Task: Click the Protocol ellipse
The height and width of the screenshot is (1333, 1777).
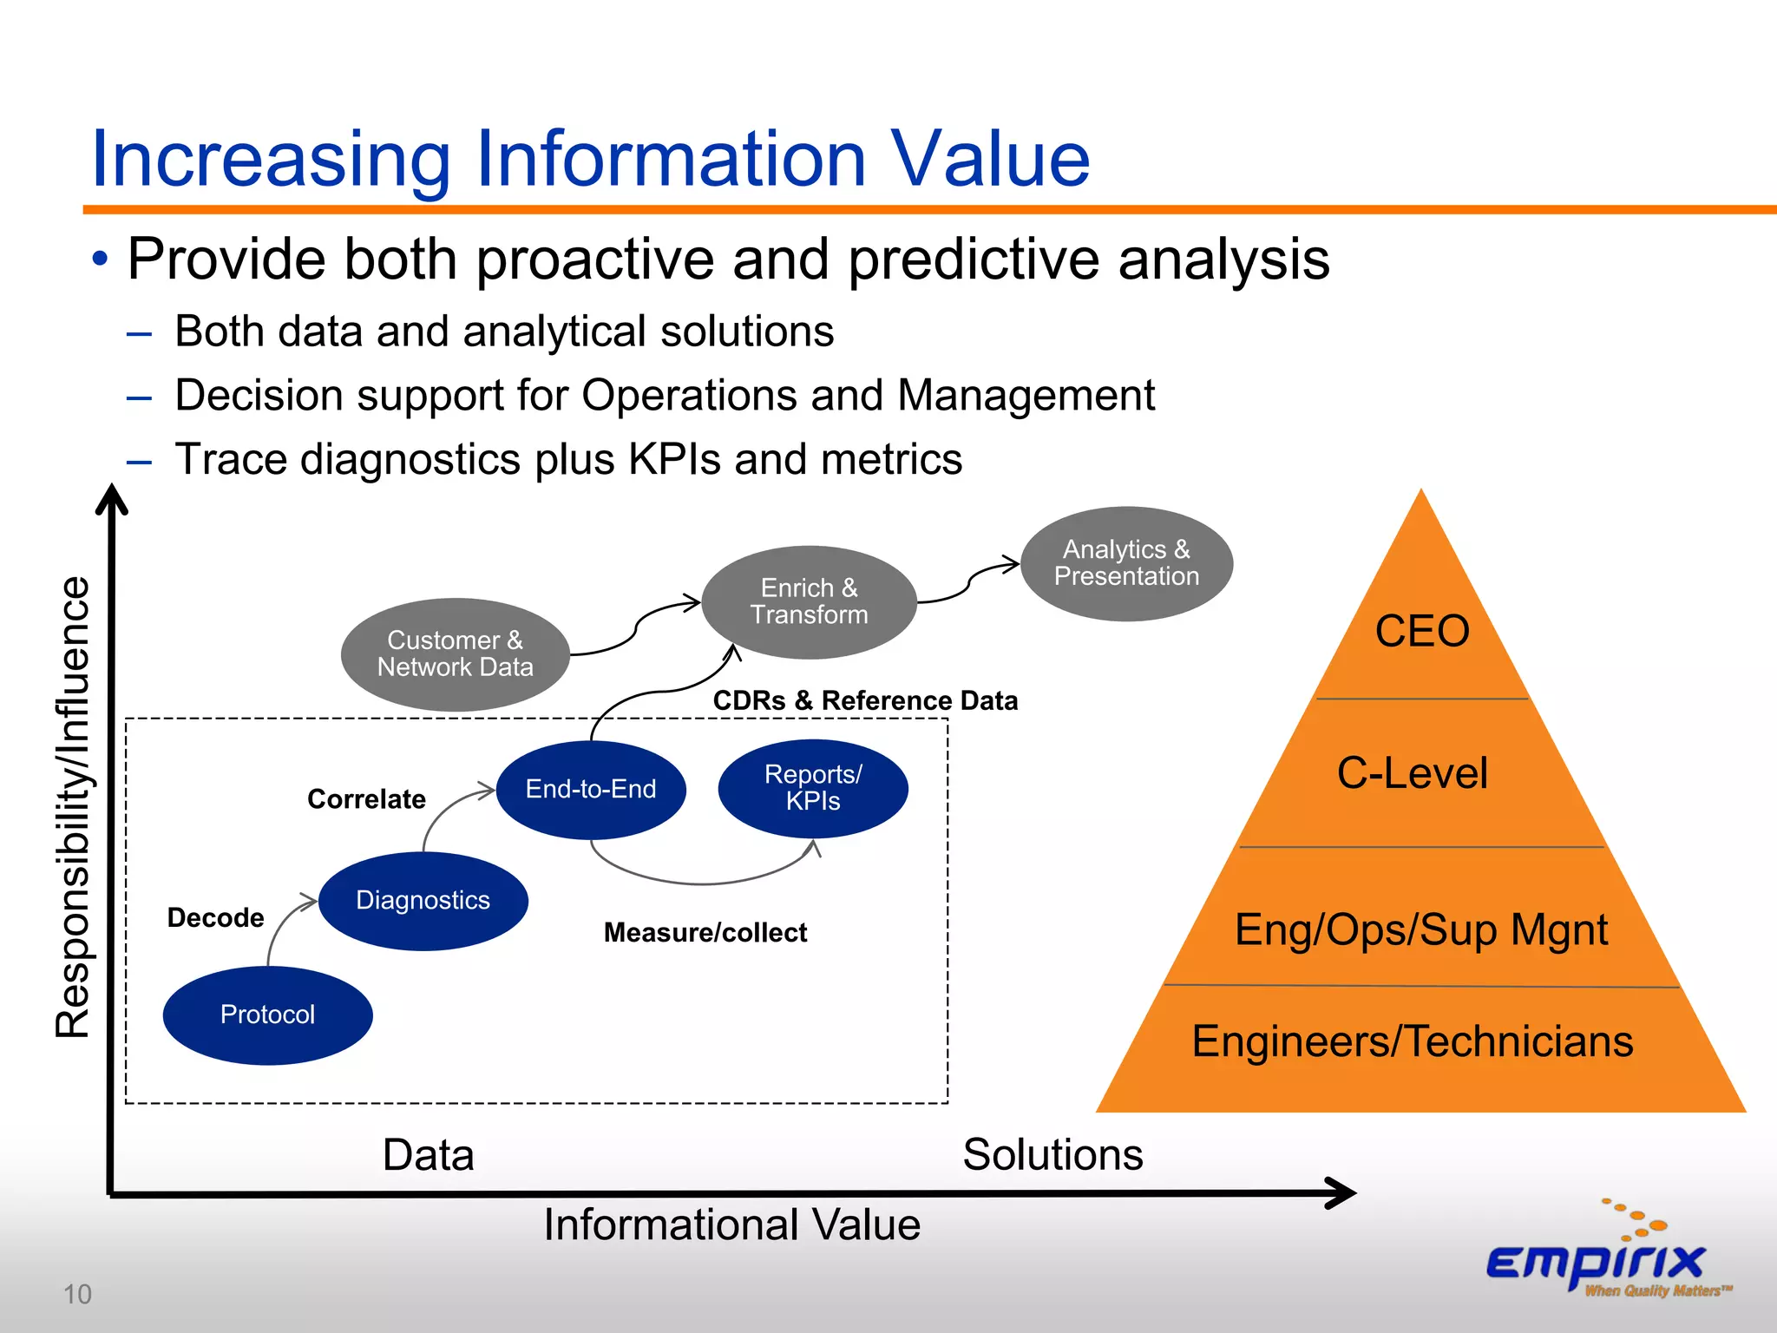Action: tap(267, 1015)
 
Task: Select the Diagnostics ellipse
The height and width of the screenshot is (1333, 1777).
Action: tap(423, 901)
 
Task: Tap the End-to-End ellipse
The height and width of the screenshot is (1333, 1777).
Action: tap(591, 789)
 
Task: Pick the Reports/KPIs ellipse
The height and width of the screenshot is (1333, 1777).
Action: tap(813, 788)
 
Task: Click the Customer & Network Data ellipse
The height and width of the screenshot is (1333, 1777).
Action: tap(455, 653)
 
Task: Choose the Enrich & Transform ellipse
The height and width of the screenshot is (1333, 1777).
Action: tap(809, 601)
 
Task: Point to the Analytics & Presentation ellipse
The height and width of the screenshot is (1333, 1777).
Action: tap(1126, 563)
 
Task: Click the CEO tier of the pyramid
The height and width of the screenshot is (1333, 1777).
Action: tap(1422, 631)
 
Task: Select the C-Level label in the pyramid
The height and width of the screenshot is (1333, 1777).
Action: tap(1412, 773)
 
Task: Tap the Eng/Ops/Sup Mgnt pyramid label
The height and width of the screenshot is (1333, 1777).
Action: tap(1420, 929)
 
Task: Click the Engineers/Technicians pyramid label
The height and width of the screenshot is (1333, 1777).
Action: tap(1412, 1041)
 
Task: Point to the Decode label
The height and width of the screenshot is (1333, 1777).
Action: tap(215, 918)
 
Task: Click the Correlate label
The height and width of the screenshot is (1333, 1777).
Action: tap(366, 799)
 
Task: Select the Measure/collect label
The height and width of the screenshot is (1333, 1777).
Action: tap(705, 933)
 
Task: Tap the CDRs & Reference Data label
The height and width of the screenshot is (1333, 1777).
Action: tap(865, 700)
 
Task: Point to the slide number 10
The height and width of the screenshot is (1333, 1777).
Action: tap(77, 1294)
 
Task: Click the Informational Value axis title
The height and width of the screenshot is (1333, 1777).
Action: tap(731, 1225)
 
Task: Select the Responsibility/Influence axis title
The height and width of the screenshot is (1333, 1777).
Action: tap(73, 806)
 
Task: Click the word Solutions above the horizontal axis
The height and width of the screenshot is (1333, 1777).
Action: tap(1052, 1155)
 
